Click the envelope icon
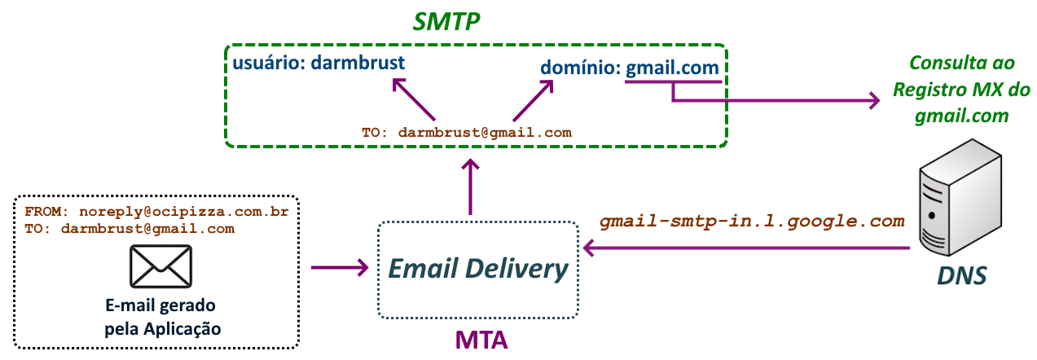(x=160, y=266)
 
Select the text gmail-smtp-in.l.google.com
(x=752, y=221)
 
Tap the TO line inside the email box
(x=130, y=229)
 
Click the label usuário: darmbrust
(x=319, y=63)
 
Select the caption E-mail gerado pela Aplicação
(x=160, y=318)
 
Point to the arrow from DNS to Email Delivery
(x=745, y=247)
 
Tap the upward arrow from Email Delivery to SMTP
(x=470, y=187)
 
